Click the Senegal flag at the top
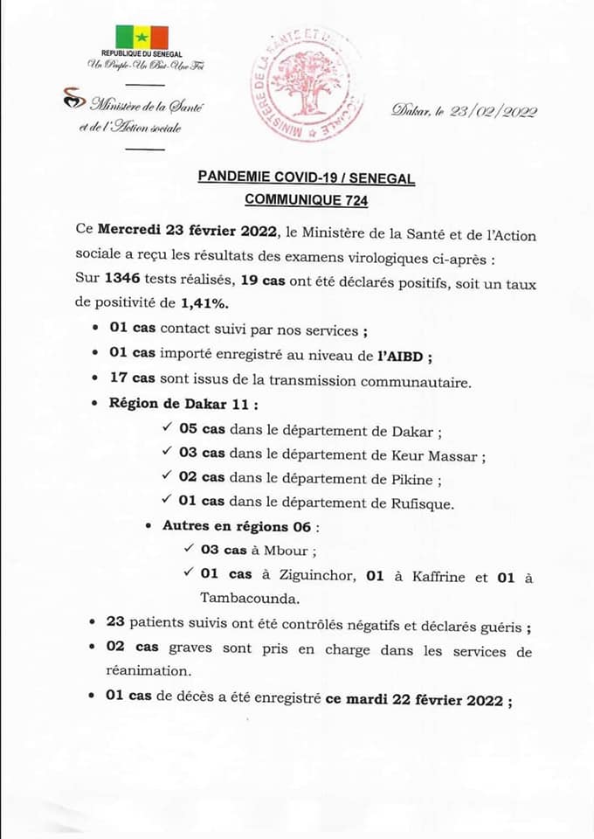[x=140, y=38]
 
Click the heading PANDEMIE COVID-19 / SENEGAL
[x=306, y=177]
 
